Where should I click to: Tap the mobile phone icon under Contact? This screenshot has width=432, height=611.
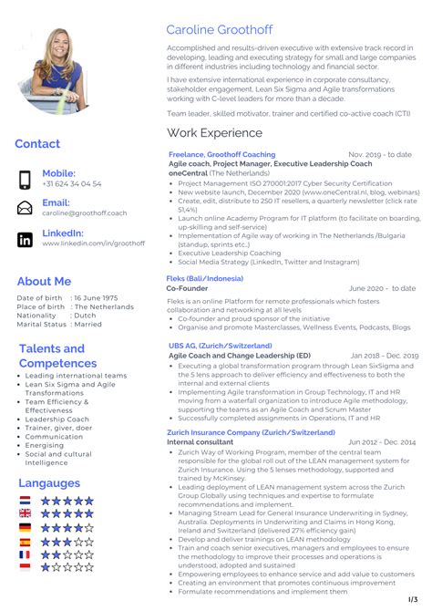pyautogui.click(x=26, y=179)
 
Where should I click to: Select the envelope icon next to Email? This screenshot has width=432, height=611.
pyautogui.click(x=26, y=208)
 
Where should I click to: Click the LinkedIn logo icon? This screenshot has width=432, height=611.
pyautogui.click(x=26, y=239)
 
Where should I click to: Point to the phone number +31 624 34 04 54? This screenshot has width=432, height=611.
pyautogui.click(x=72, y=183)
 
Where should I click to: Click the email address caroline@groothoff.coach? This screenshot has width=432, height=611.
pyautogui.click(x=85, y=213)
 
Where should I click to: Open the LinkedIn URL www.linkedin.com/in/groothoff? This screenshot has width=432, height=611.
pyautogui.click(x=93, y=243)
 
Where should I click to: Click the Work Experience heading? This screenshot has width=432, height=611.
pyautogui.click(x=214, y=133)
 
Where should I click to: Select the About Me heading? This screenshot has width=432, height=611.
pyautogui.click(x=44, y=281)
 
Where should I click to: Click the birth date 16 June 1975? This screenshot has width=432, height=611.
pyautogui.click(x=97, y=298)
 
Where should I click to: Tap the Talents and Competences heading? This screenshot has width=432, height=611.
pyautogui.click(x=52, y=356)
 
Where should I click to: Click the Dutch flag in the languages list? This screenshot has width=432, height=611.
pyautogui.click(x=26, y=501)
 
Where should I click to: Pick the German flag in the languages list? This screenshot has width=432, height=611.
pyautogui.click(x=26, y=527)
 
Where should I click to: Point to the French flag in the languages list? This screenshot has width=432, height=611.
pyautogui.click(x=26, y=554)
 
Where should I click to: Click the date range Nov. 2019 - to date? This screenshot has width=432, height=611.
pyautogui.click(x=380, y=155)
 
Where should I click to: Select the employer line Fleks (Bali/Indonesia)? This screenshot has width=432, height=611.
pyautogui.click(x=205, y=277)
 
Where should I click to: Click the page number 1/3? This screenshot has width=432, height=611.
pyautogui.click(x=411, y=597)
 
